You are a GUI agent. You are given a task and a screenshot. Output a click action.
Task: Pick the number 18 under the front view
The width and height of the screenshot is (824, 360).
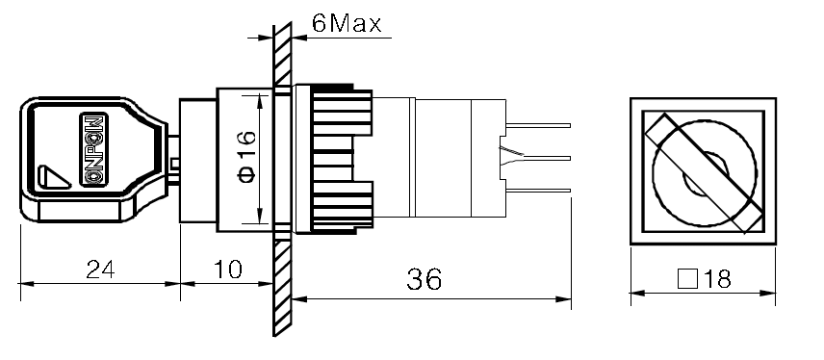click(718, 279)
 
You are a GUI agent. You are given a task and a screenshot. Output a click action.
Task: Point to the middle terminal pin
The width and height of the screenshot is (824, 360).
click(539, 156)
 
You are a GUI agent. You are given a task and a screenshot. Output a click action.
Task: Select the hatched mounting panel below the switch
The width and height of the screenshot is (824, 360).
click(280, 289)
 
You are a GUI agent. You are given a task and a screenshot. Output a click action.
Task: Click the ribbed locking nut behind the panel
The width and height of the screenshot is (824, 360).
click(332, 159)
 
